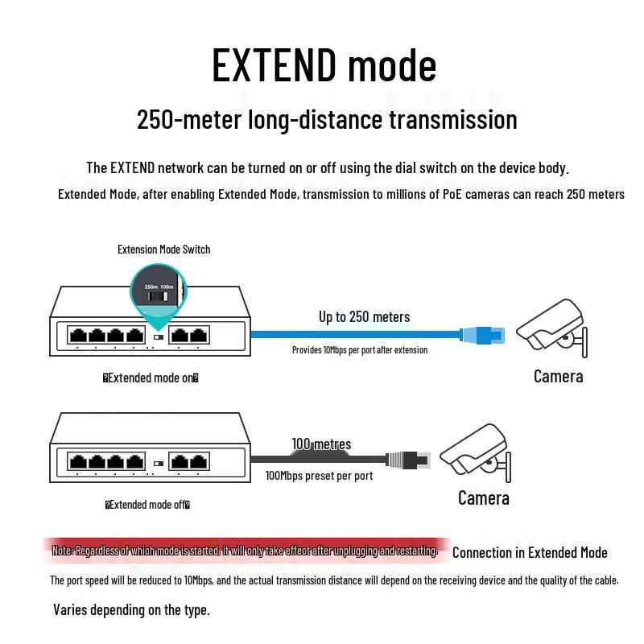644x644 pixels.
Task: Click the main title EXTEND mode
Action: click(x=324, y=65)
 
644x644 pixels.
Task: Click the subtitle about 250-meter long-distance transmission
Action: click(x=327, y=120)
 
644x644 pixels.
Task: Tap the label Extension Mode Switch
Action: click(x=163, y=250)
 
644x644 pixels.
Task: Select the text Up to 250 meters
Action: click(x=364, y=316)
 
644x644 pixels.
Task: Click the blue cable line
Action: click(x=354, y=333)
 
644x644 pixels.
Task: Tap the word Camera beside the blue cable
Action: click(x=558, y=376)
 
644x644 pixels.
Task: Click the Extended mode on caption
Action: click(x=151, y=378)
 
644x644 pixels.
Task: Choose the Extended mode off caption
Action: click(x=147, y=505)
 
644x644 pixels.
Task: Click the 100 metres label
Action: click(x=321, y=444)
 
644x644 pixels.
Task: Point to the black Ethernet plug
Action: click(x=409, y=460)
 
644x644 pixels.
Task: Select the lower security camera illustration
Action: click(x=475, y=455)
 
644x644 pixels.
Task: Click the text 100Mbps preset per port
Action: click(x=319, y=476)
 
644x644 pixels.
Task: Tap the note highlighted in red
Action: click(x=244, y=551)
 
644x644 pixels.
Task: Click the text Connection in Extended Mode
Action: click(x=530, y=552)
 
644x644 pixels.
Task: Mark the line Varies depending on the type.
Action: click(x=131, y=609)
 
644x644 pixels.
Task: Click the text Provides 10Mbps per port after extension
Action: click(x=359, y=350)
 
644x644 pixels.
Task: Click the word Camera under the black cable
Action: click(x=483, y=498)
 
